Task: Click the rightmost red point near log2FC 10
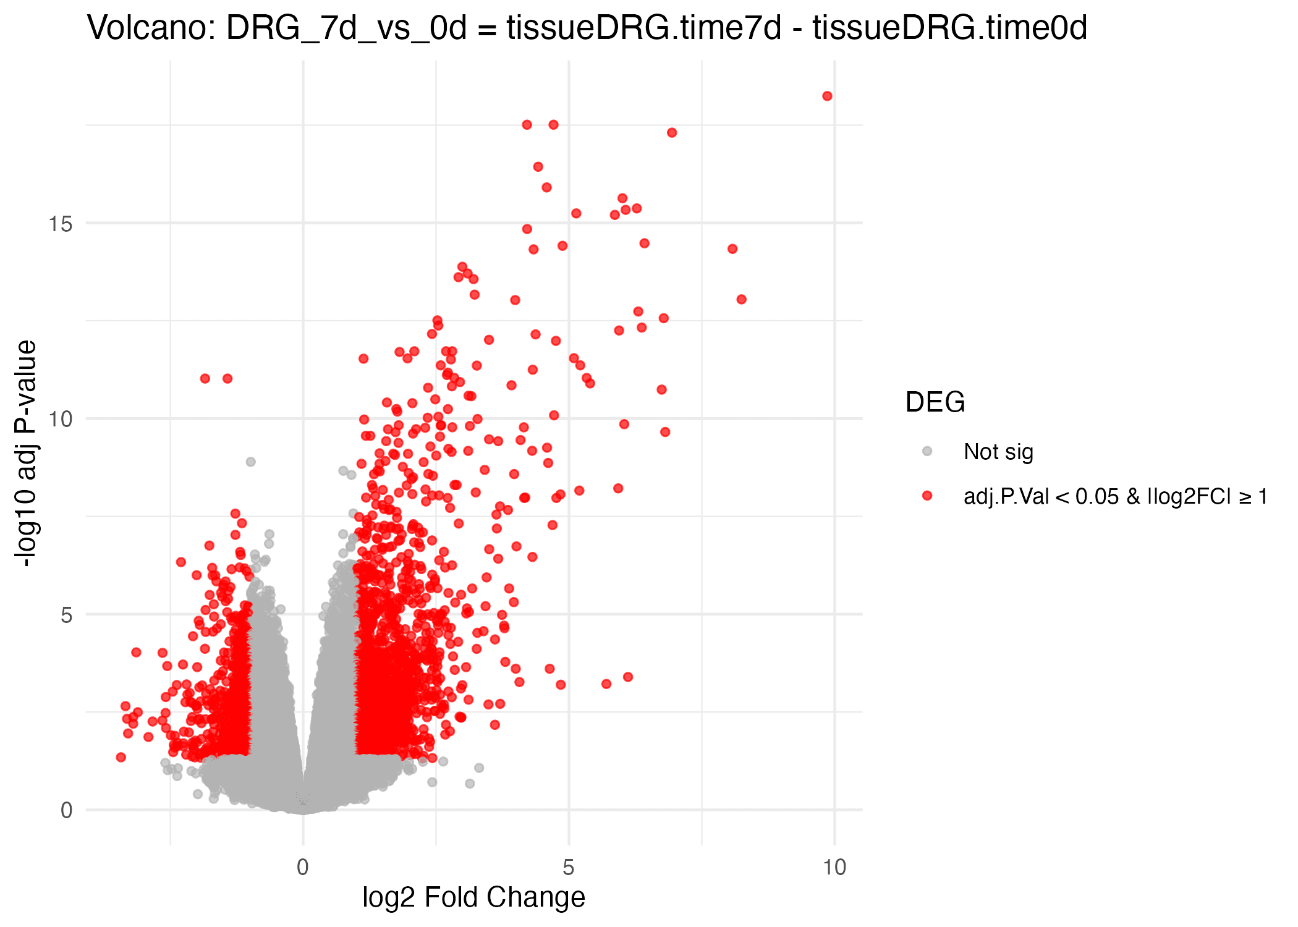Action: pyautogui.click(x=827, y=96)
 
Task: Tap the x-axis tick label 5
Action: pyautogui.click(x=568, y=867)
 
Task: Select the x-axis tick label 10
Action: pyautogui.click(x=834, y=867)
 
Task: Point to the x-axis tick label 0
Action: pyautogui.click(x=302, y=867)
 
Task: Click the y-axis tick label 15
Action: pyautogui.click(x=61, y=224)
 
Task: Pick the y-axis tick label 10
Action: pyautogui.click(x=61, y=419)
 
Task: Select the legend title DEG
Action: pyautogui.click(x=935, y=402)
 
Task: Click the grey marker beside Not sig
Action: pyautogui.click(x=927, y=451)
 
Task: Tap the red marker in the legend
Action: pyautogui.click(x=927, y=496)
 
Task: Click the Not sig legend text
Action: pyautogui.click(x=998, y=452)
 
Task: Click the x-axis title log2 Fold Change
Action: pyautogui.click(x=473, y=897)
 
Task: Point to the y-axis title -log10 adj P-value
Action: pyautogui.click(x=26, y=454)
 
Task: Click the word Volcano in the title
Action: pyautogui.click(x=150, y=28)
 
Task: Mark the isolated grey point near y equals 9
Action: pyautogui.click(x=250, y=462)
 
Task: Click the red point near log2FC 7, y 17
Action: pyautogui.click(x=672, y=133)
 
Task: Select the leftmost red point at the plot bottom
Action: pyautogui.click(x=121, y=757)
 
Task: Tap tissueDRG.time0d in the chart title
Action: pyautogui.click(x=949, y=28)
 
